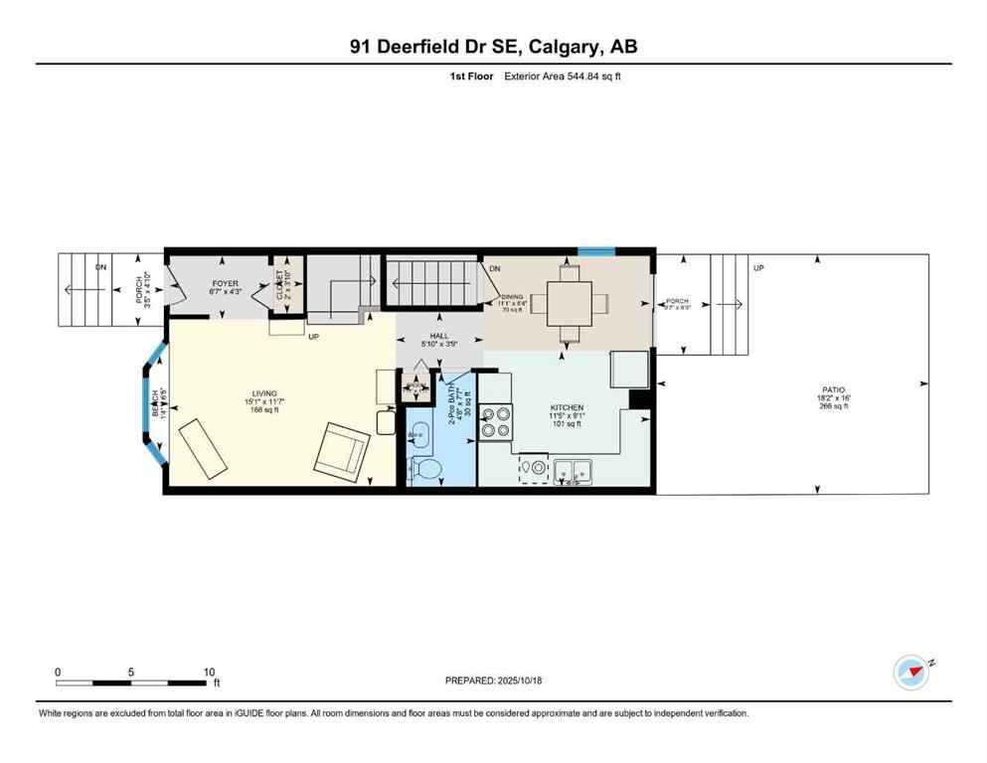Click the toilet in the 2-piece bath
pyautogui.click(x=426, y=469)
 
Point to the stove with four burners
pyautogui.click(x=495, y=422)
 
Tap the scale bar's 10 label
pyautogui.click(x=209, y=672)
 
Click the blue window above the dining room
pyautogui.click(x=597, y=250)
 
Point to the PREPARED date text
pyautogui.click(x=493, y=681)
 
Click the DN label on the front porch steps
pyautogui.click(x=101, y=267)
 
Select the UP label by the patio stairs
pyautogui.click(x=758, y=267)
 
